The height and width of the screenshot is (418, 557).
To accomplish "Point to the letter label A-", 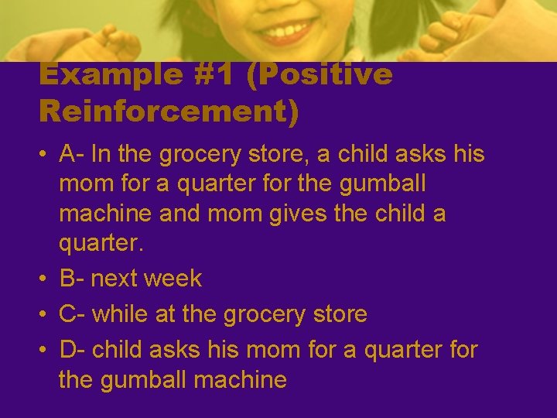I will tap(72, 155).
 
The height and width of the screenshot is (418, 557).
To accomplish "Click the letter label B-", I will tap(72, 279).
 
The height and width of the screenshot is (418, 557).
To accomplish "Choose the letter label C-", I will tap(73, 314).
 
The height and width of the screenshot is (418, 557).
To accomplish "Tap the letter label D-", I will tap(73, 350).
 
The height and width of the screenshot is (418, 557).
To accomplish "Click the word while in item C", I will tap(121, 314).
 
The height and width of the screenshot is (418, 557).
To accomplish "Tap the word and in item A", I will tap(180, 214).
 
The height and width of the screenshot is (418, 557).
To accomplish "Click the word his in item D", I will tap(224, 350).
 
